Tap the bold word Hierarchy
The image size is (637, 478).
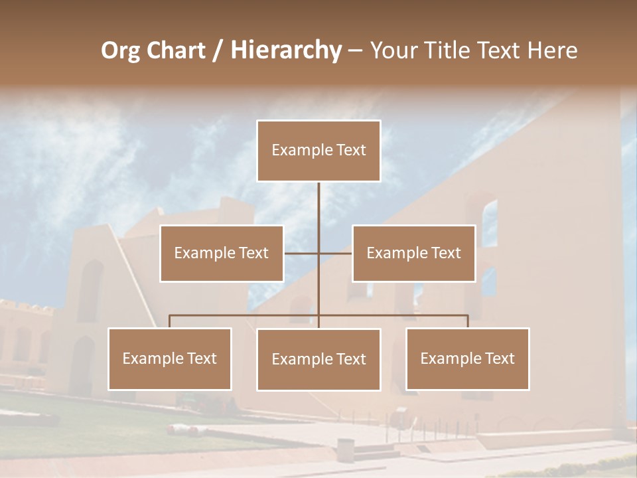coord(285,50)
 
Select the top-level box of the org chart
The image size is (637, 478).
coord(318,151)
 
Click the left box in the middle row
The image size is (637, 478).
coord(222,254)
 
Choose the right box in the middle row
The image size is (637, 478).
coord(414,254)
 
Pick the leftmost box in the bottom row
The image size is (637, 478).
coord(170,359)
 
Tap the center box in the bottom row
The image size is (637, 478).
coord(318,360)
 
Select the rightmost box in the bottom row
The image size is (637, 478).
coord(468,359)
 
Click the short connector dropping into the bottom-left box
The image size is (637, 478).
coord(170,321)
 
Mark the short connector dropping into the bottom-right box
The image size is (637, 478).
coord(468,321)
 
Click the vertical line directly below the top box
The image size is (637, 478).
coord(318,206)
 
